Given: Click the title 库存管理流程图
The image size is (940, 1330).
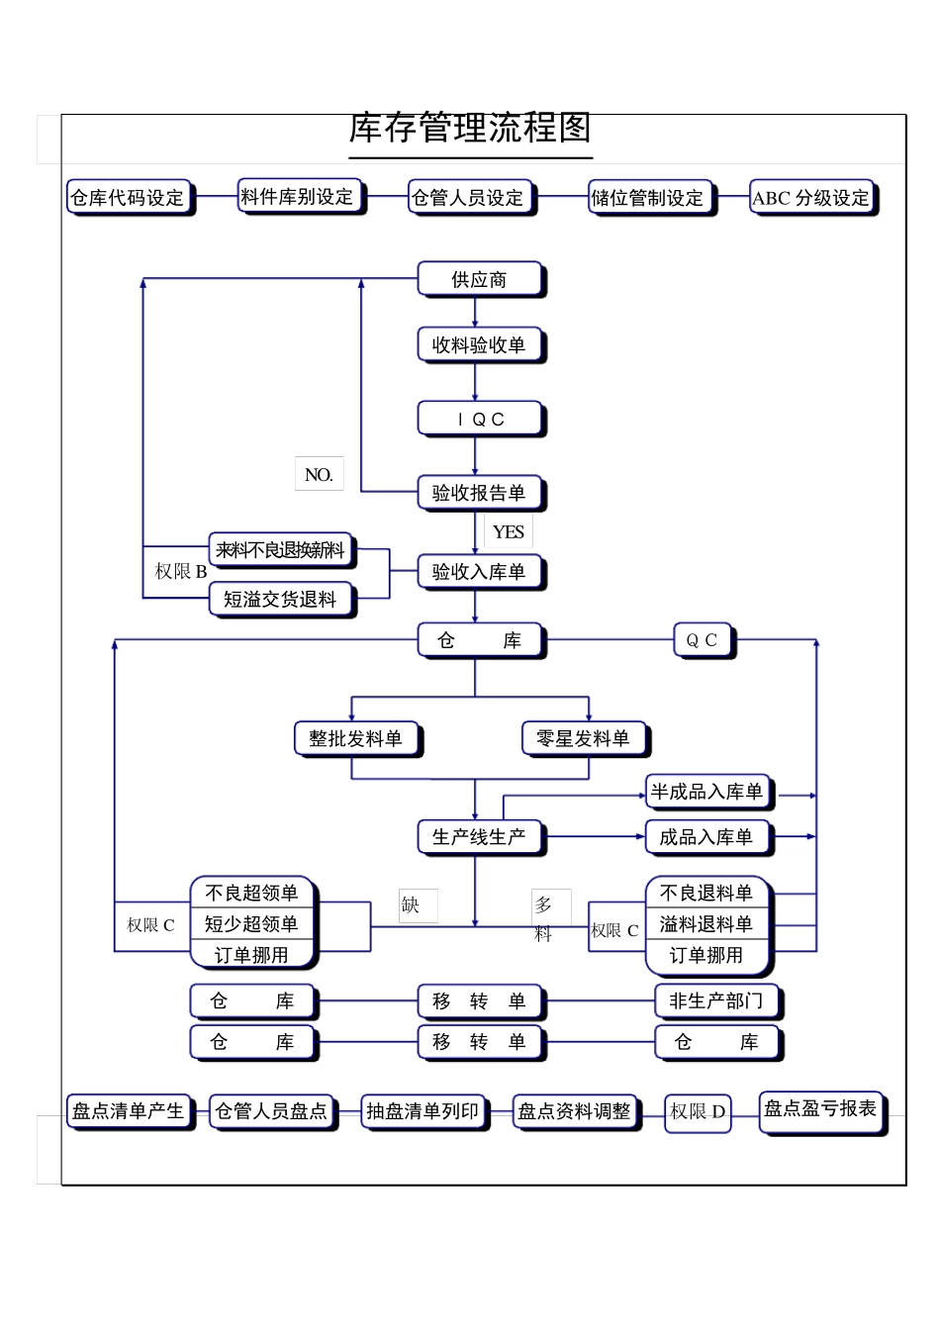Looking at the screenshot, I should click(x=470, y=129).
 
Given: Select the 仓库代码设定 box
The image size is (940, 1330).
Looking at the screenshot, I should click(x=129, y=198).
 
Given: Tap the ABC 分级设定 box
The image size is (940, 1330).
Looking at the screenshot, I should click(x=811, y=198).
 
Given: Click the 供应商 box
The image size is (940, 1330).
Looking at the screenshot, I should click(x=480, y=280).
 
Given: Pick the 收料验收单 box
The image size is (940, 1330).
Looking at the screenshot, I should click(x=480, y=345).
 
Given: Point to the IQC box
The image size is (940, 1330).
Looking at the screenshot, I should click(x=480, y=420).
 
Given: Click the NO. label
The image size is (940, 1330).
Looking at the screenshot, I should click(x=319, y=475).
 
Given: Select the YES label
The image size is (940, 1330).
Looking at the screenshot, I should click(x=509, y=531).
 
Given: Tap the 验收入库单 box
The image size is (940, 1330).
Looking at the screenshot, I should click(x=480, y=572).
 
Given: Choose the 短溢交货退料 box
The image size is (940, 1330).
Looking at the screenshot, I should click(x=281, y=600).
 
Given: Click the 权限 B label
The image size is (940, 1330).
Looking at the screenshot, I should click(x=181, y=572).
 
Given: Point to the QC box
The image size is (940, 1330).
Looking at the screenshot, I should click(x=703, y=640).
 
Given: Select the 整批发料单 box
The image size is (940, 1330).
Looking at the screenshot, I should click(x=356, y=739).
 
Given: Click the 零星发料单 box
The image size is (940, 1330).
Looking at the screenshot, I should click(x=584, y=739).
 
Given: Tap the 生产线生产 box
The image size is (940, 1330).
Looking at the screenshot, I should click(x=480, y=837).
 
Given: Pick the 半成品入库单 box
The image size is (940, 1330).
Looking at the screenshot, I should click(x=707, y=792).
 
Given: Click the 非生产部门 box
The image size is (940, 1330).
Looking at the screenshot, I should click(x=716, y=1001).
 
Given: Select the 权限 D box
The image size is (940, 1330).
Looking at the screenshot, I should click(x=698, y=1112).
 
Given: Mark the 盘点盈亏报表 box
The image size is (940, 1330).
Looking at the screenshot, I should click(x=820, y=1109).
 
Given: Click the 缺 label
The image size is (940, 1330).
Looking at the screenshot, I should click(x=412, y=904).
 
